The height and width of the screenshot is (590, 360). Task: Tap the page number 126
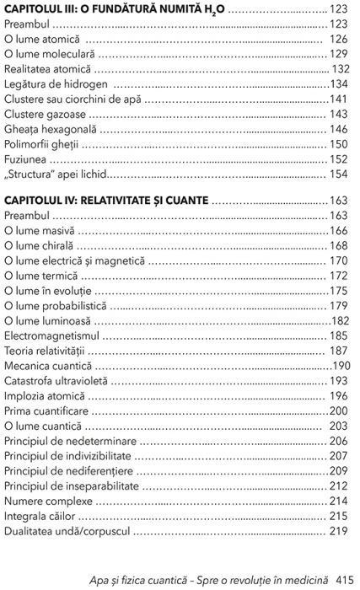pyautogui.click(x=339, y=39)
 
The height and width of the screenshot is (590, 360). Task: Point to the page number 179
pyautogui.click(x=339, y=305)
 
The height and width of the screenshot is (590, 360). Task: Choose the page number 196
pyautogui.click(x=339, y=395)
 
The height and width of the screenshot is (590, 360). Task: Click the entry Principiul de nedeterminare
pyautogui.click(x=70, y=440)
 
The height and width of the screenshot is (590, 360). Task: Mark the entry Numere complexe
pyautogui.click(x=47, y=501)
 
